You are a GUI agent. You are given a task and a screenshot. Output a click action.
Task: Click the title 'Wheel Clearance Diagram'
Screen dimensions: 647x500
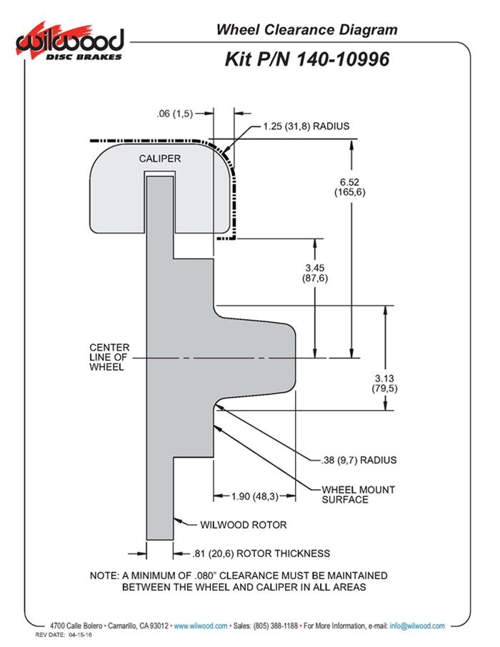[x=306, y=29]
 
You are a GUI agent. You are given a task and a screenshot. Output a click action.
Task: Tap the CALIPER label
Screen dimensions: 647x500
[x=159, y=158]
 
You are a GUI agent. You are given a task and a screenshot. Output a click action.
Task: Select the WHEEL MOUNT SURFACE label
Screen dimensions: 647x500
[x=348, y=494]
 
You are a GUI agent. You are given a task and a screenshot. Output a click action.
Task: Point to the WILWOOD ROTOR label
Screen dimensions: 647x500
[x=244, y=525]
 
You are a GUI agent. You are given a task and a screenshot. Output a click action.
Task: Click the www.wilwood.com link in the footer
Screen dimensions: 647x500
[x=201, y=626]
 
